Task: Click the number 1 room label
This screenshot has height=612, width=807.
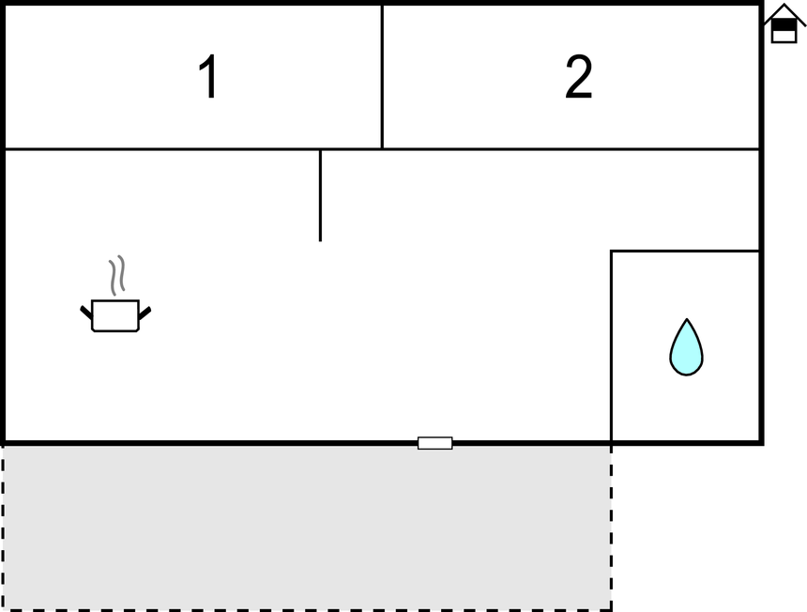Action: (209, 76)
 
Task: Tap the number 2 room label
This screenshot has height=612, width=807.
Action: (578, 76)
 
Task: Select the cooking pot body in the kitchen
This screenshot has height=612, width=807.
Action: (115, 315)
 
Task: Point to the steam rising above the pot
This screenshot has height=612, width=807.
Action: (117, 275)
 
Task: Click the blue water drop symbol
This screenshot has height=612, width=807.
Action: (686, 347)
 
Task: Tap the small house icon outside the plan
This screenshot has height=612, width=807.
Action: (784, 23)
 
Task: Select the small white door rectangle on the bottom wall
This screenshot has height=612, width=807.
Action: (434, 443)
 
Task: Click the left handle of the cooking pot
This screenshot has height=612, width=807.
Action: (86, 313)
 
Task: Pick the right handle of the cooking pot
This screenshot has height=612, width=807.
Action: (145, 313)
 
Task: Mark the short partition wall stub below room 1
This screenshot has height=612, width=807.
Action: (320, 195)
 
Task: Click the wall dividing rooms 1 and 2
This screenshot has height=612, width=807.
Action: (382, 77)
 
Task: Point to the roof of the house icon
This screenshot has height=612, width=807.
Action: (784, 12)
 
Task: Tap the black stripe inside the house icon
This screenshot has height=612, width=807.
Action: (784, 25)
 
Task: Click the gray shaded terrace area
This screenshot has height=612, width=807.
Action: (307, 528)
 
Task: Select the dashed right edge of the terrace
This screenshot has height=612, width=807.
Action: (611, 528)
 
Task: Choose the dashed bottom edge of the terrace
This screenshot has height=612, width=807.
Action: (307, 610)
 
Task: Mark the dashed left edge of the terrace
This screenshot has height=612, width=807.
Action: (3, 528)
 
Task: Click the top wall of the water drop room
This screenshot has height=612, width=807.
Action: (685, 252)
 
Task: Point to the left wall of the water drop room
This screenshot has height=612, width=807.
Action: (611, 345)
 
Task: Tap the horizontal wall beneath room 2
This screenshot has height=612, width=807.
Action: (571, 149)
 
